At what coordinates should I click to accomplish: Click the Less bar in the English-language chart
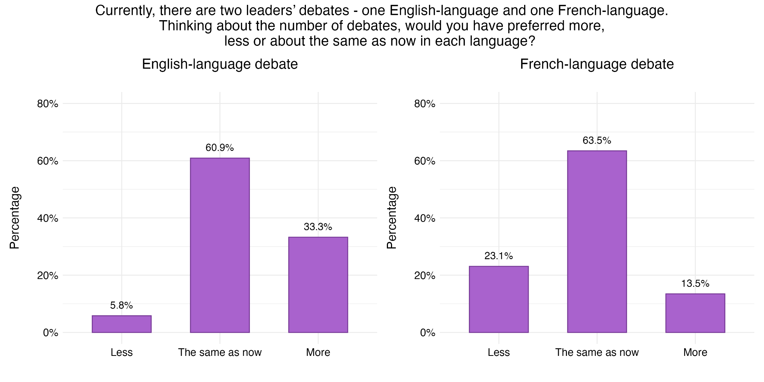coord(122,324)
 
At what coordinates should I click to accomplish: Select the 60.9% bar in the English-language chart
coord(220,245)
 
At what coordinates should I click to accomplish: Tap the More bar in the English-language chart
coord(318,285)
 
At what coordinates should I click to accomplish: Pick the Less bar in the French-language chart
coord(499,299)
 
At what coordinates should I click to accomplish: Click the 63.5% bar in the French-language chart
coord(597,241)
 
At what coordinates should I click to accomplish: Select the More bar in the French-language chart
coord(695,313)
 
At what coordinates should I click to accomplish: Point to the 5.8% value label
coord(122,306)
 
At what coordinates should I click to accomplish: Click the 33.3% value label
coord(318,227)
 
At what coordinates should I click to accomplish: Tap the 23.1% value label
coord(499,256)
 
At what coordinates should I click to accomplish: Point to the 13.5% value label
coord(695,284)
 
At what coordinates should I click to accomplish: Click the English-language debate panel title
coord(220,64)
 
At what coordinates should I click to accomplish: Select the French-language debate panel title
coord(597,64)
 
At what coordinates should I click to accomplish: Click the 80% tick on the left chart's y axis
coord(48,104)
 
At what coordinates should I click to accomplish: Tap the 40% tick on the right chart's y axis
coord(425,218)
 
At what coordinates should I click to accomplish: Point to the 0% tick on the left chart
coord(51,333)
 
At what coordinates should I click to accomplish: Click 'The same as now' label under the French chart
coord(597,352)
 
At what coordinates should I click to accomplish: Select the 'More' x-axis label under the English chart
coord(318,352)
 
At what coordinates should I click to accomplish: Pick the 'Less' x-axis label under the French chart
coord(499,352)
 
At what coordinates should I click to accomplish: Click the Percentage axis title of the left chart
coord(15,218)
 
